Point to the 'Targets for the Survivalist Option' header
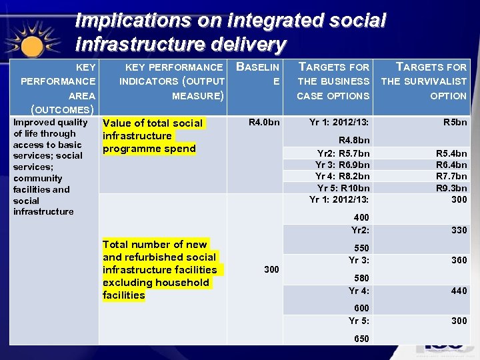click(424, 81)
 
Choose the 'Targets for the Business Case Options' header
click(333, 81)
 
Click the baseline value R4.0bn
click(264, 123)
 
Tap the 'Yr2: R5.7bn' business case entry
click(343, 153)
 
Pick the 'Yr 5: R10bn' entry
click(343, 187)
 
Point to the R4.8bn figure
click(354, 140)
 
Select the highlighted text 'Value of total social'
click(153, 123)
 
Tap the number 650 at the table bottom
click(361, 339)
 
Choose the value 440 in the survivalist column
click(458, 291)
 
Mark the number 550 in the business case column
click(361, 247)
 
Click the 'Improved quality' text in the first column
click(51, 122)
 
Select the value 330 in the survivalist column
click(458, 230)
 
